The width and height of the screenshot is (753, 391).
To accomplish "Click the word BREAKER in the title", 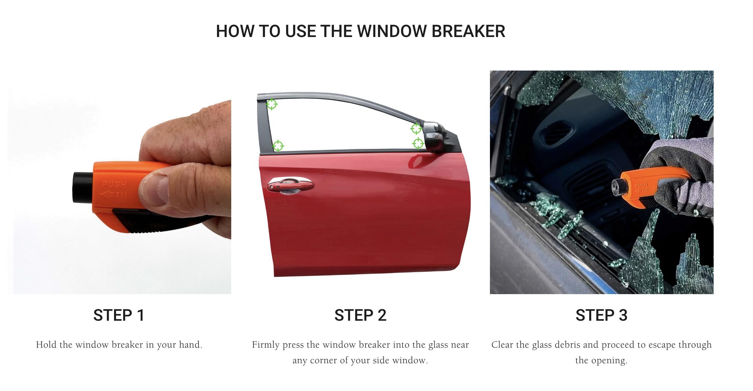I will [468, 31].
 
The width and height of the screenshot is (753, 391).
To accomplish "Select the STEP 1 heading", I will [119, 315].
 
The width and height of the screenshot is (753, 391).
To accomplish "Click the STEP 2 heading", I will [360, 315].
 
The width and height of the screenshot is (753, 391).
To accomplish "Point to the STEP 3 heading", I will [601, 315].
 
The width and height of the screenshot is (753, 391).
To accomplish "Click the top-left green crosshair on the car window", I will [271, 104].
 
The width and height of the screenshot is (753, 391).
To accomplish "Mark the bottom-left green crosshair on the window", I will [278, 146].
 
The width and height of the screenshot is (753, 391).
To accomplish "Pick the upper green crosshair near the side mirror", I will [416, 129].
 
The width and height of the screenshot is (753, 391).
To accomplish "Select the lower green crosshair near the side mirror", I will [418, 143].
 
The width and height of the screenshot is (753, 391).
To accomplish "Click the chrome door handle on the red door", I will [290, 185].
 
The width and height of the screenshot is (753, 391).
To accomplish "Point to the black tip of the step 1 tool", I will [82, 187].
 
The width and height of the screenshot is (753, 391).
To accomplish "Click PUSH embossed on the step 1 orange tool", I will [114, 185].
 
